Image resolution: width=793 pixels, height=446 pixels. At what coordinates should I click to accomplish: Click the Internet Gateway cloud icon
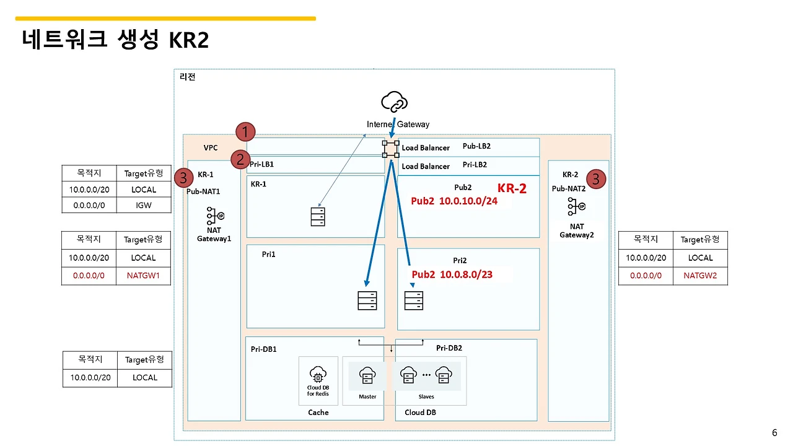(395, 102)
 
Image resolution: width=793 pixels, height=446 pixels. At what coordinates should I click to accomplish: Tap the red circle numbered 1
(246, 131)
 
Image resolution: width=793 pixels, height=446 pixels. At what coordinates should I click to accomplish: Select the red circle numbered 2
(240, 159)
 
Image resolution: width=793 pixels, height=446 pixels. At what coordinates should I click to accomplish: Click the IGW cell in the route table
(144, 205)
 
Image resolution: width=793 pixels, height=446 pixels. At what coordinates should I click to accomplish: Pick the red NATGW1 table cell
(144, 276)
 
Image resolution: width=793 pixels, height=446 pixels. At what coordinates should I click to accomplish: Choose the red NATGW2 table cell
(700, 276)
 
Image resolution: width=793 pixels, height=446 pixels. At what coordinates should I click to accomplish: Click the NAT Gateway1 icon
(214, 216)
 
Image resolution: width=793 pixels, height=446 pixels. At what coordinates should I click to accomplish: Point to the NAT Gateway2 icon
(576, 207)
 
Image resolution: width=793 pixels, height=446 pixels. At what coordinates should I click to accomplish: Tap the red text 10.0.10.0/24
(468, 201)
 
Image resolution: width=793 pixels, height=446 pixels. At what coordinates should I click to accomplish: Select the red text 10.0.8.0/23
(465, 274)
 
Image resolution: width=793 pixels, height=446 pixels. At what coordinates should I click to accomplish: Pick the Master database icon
(367, 375)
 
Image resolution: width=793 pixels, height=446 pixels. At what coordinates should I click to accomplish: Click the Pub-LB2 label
(476, 147)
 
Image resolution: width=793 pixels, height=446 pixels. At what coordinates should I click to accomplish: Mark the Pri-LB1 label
(261, 165)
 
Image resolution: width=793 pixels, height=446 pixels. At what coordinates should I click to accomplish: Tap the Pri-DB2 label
(449, 348)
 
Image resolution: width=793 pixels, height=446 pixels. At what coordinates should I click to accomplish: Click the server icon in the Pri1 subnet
(367, 300)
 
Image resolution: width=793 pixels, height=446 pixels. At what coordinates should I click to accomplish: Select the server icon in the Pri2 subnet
(413, 300)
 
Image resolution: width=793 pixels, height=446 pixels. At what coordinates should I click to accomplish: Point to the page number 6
(774, 432)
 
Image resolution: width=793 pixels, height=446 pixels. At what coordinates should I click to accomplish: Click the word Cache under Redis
(318, 413)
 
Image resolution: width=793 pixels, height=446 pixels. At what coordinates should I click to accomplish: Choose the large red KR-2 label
(512, 189)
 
